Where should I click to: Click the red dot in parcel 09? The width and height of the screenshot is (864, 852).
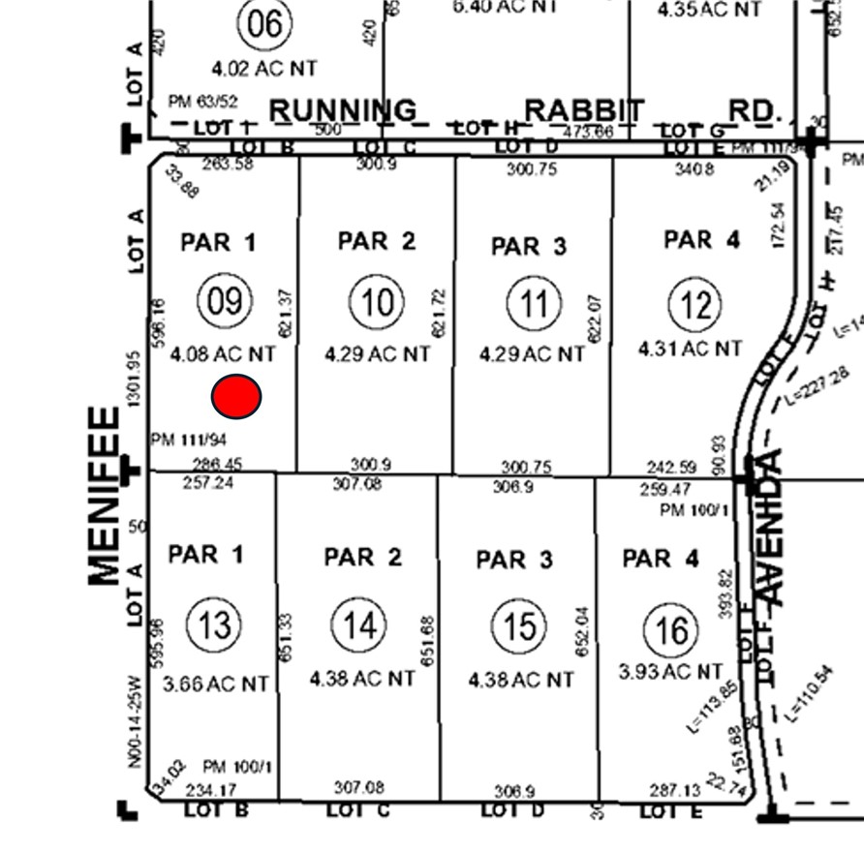(x=236, y=396)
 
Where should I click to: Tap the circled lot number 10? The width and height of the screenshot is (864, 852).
(x=378, y=302)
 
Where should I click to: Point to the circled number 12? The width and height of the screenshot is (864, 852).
(x=695, y=305)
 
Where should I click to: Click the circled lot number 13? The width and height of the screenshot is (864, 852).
(x=214, y=624)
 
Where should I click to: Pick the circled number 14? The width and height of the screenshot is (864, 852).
(x=359, y=625)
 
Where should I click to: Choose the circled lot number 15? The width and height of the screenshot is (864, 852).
(x=520, y=626)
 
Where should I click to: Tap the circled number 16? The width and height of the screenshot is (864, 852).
(x=672, y=630)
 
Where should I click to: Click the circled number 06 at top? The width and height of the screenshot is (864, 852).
(x=264, y=23)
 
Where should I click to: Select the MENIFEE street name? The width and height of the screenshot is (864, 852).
(x=105, y=496)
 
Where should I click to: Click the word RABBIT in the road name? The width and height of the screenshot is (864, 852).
(x=583, y=110)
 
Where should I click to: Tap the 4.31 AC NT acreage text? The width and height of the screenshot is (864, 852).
(x=691, y=348)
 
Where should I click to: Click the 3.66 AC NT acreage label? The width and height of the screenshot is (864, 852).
(x=216, y=684)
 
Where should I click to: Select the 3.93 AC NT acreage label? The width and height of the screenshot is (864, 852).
(x=670, y=671)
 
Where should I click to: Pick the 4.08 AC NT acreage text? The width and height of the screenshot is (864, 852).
(x=223, y=355)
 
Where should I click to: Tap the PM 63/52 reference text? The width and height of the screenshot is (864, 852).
(x=202, y=101)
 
